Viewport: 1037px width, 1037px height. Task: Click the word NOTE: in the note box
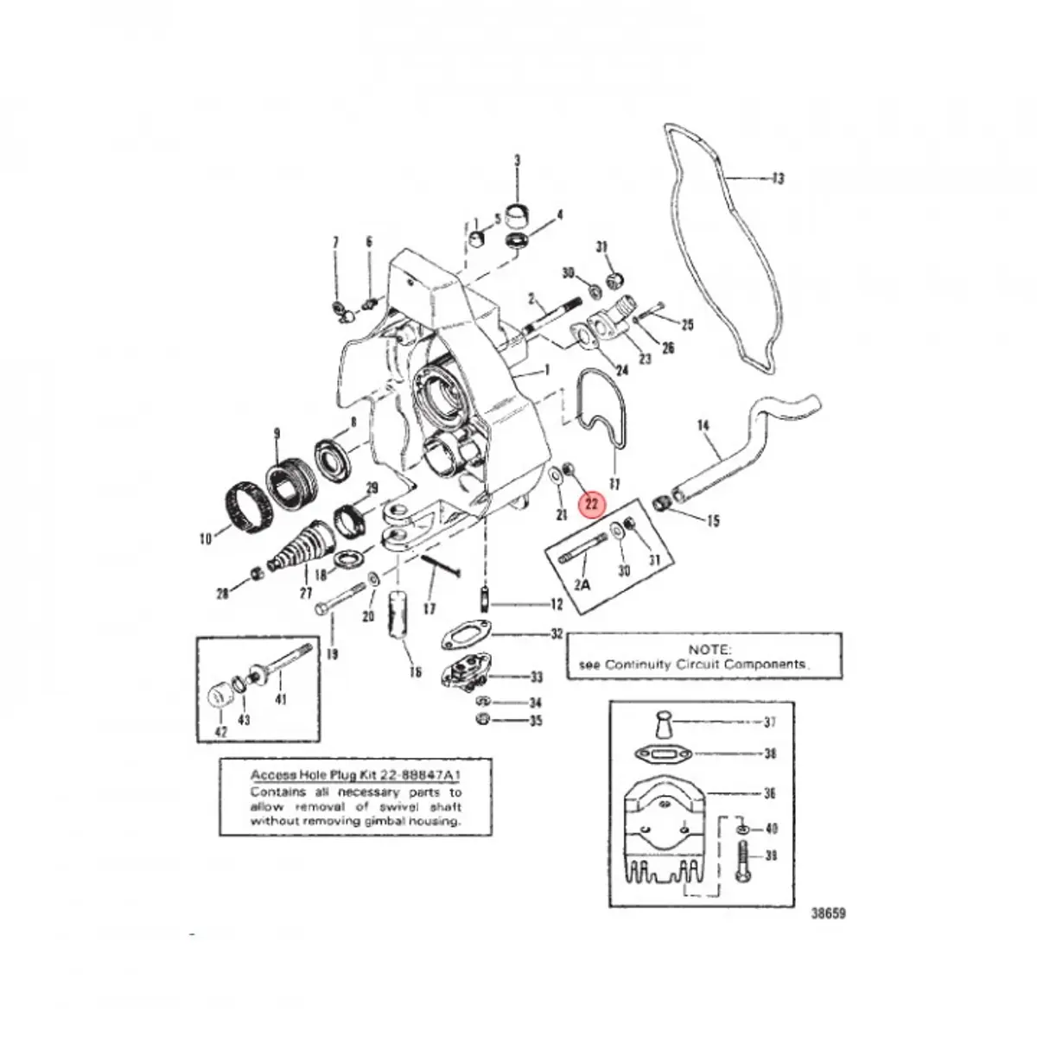click(709, 648)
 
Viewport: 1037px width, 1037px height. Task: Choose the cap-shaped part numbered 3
click(517, 211)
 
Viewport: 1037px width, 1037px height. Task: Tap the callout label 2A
click(582, 584)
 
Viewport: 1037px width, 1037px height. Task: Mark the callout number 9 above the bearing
click(277, 432)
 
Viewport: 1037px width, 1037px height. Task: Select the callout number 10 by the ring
click(205, 540)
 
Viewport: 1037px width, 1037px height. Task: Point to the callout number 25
click(688, 326)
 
